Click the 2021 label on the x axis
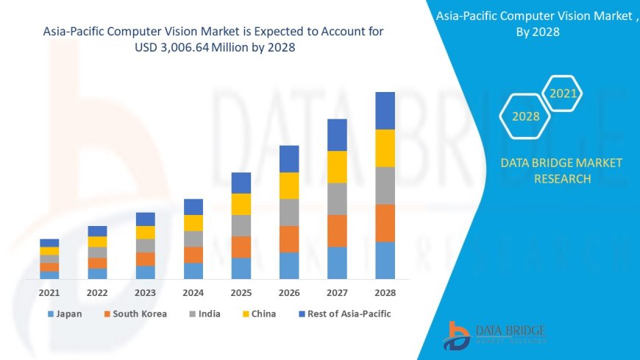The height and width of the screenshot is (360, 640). pos(49,292)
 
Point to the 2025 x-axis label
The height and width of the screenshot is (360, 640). pos(241,292)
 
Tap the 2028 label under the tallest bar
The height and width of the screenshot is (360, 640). pos(385,292)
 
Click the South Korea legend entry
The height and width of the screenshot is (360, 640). pos(135,314)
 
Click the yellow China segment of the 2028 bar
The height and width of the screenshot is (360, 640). pos(385,148)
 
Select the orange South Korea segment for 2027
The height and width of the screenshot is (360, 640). pos(337,230)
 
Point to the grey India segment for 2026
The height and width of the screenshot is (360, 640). pos(289,212)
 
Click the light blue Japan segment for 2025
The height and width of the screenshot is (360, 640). pos(241,268)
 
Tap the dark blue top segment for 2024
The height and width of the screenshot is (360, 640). pos(193,207)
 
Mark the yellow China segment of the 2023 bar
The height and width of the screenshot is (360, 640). pos(146,233)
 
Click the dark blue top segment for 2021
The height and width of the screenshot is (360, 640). pos(49,243)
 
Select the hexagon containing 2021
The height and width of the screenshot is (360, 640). pos(563,93)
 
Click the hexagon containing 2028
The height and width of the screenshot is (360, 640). pos(525,116)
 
